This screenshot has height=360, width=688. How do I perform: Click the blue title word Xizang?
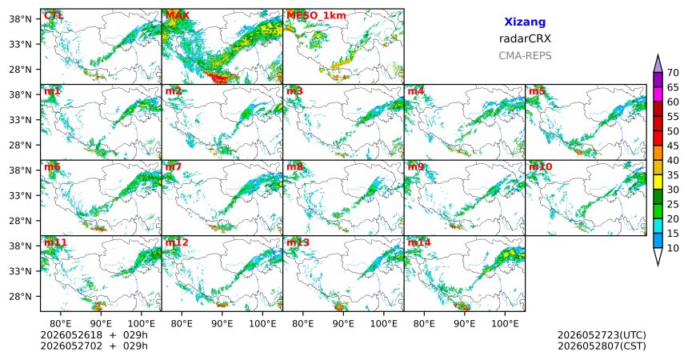click(525, 22)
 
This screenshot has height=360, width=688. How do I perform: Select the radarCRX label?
click(525, 38)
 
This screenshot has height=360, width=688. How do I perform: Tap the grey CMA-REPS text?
click(525, 56)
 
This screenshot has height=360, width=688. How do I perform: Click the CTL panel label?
click(54, 16)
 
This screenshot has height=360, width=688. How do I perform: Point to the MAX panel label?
click(178, 16)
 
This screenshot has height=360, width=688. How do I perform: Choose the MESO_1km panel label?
click(316, 16)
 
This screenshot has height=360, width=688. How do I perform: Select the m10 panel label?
click(540, 167)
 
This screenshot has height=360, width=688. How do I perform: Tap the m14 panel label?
click(419, 242)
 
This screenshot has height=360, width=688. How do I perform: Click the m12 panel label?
click(176, 242)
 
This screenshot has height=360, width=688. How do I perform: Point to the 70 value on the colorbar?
click(673, 73)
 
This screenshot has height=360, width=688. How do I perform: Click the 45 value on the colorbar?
click(673, 146)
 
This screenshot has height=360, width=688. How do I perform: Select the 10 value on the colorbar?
click(673, 248)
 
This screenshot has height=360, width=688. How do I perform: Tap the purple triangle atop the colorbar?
click(658, 64)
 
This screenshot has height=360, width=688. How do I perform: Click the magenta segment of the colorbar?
click(658, 94)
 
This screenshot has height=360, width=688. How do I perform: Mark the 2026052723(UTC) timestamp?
click(602, 335)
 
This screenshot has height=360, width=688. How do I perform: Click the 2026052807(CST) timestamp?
click(602, 346)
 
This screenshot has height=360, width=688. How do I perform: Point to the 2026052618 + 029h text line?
click(94, 335)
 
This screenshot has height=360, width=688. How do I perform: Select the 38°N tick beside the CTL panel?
click(20, 19)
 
